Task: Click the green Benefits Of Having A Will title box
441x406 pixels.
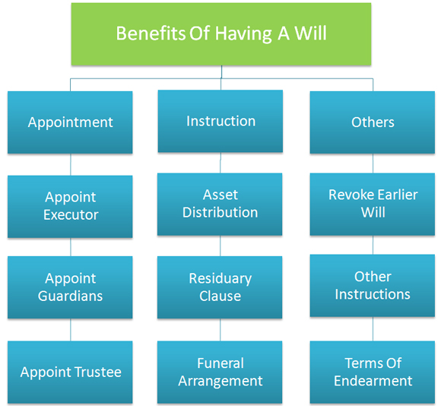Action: tap(221, 34)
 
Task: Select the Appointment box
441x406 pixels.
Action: tap(70, 122)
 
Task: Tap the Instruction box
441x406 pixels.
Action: tap(220, 121)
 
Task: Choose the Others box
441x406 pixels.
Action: tap(373, 122)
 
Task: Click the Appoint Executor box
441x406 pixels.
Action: tap(70, 207)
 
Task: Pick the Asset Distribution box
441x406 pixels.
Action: tap(220, 204)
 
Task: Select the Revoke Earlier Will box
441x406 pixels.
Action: tap(373, 204)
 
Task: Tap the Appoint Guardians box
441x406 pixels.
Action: tap(70, 287)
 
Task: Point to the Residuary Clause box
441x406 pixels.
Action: tap(220, 287)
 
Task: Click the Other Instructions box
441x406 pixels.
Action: tap(373, 286)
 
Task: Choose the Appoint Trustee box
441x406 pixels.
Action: tap(70, 373)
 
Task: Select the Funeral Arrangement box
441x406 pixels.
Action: tap(220, 373)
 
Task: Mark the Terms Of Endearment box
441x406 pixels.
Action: tap(373, 373)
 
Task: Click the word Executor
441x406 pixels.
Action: tap(71, 215)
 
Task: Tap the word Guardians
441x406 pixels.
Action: tap(70, 296)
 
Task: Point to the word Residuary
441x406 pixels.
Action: tap(220, 279)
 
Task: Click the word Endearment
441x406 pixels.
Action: tap(373, 381)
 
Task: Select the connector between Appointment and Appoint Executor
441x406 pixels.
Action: tap(70, 164)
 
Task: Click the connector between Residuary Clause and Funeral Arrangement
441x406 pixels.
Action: tap(220, 330)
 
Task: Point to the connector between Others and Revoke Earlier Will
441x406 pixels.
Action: tap(373, 163)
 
